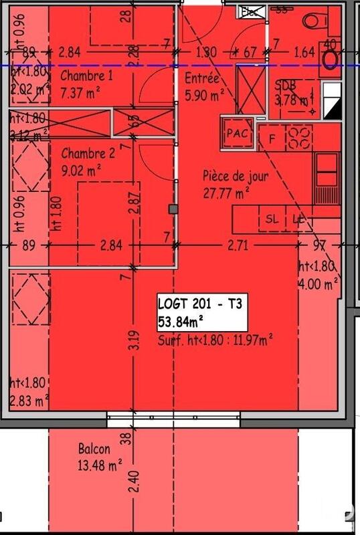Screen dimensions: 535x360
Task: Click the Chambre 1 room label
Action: [86, 76]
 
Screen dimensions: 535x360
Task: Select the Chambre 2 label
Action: [86, 152]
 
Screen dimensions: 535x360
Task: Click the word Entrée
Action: [201, 79]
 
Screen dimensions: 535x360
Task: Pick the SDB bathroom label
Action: [286, 84]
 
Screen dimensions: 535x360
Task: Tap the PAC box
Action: [237, 132]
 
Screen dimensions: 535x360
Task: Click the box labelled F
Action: [272, 138]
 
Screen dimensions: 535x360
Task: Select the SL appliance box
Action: [272, 219]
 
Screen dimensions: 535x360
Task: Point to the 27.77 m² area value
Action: [226, 193]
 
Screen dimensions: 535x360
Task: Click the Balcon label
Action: [94, 449]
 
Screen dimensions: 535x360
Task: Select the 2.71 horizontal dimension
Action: [238, 245]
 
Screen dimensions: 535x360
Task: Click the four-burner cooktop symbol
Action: [299, 138]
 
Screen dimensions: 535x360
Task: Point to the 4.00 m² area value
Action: [317, 283]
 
